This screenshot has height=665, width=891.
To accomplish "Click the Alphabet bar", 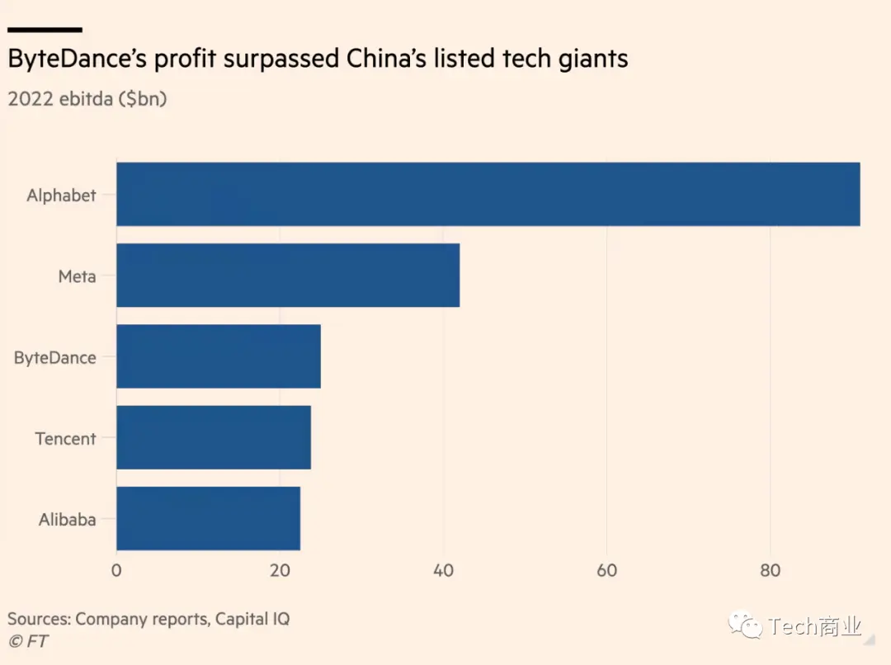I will point(488,194).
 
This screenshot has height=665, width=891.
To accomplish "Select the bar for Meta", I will point(287,275).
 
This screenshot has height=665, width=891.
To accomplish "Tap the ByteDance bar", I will point(218,356).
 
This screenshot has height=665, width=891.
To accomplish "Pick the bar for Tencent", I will point(213,437).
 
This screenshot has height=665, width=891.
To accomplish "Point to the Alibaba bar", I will point(208,518).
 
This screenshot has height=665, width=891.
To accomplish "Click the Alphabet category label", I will point(61,196).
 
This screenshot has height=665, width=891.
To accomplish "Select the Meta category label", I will point(77,276).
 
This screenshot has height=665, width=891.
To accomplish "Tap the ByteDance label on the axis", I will point(54,358).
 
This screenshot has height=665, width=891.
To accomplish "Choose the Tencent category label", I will point(65,439).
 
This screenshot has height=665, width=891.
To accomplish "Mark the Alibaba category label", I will point(67,520).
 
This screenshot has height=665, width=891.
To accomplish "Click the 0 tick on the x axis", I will point(116,571).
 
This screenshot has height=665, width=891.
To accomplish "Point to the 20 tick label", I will point(280,571).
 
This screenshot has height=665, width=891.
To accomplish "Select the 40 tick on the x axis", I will point(444,571).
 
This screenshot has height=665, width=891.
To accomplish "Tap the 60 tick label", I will point(607,571).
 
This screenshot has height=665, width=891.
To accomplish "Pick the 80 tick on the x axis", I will point(771,571).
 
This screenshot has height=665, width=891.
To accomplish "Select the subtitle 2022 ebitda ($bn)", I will point(87,99).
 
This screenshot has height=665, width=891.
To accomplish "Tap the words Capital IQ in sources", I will point(252,618).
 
